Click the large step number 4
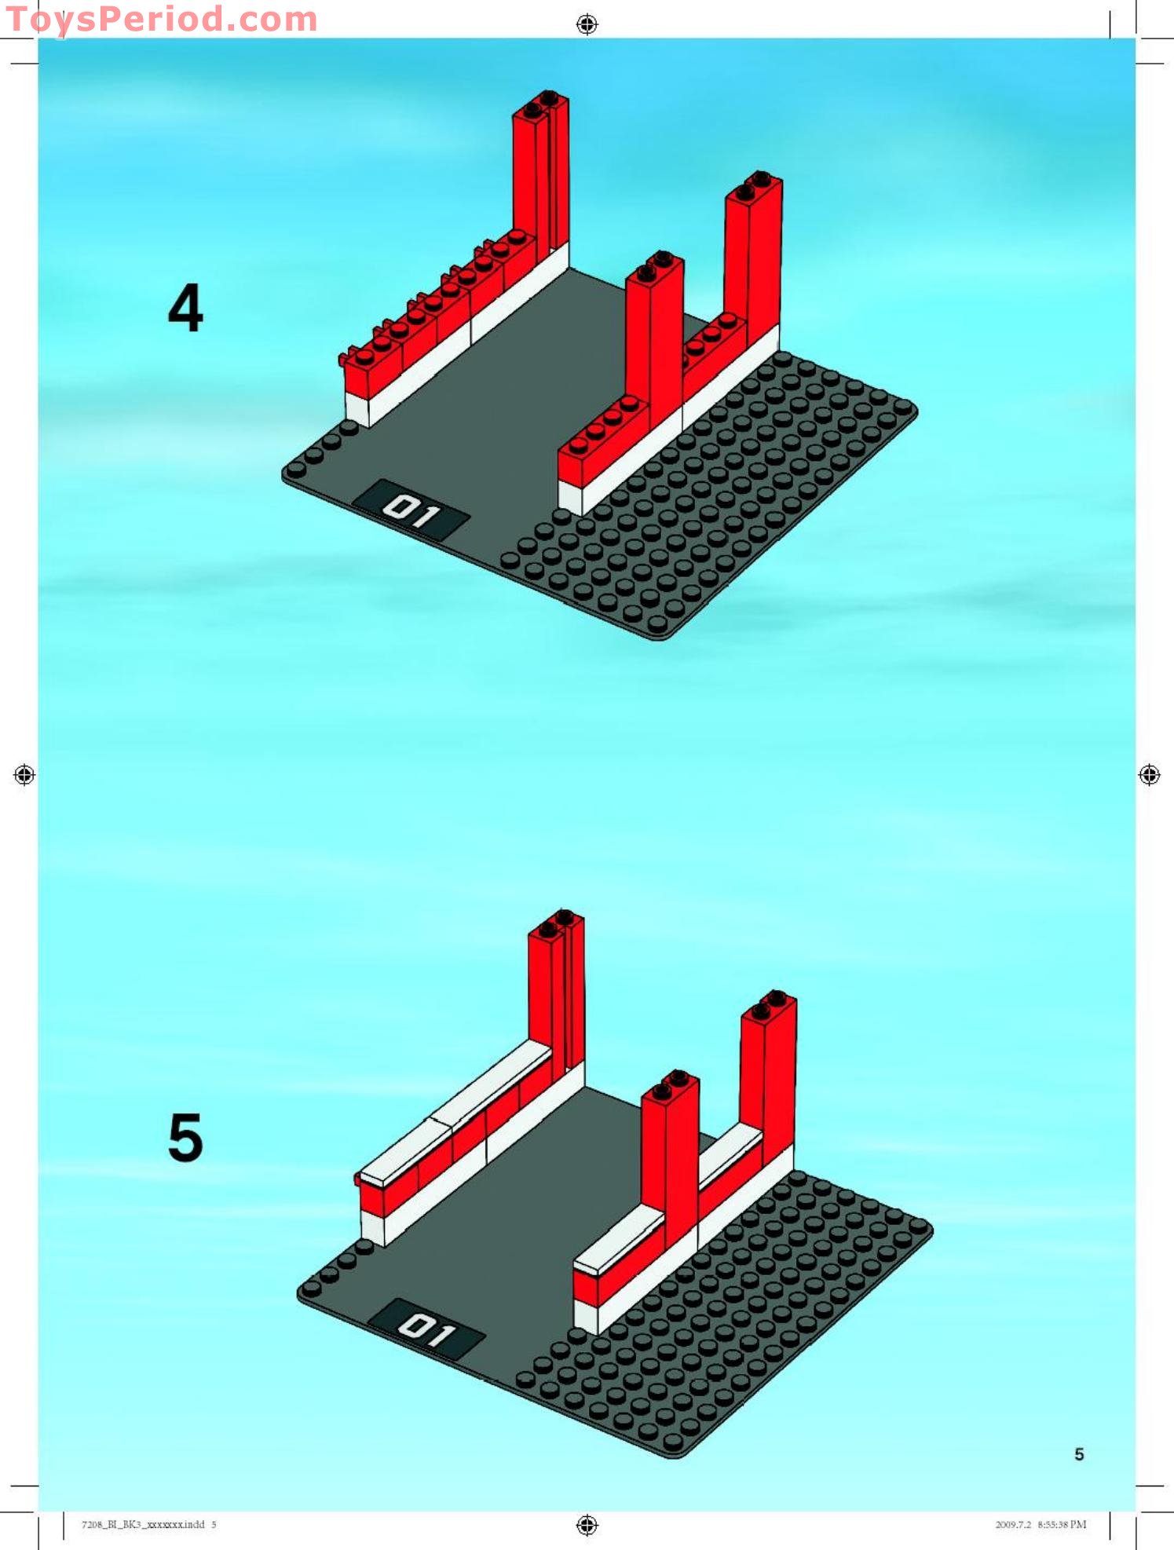tap(185, 308)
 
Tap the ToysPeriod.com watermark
tap(161, 20)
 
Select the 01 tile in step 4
tap(411, 510)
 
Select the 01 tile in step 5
tap(426, 1329)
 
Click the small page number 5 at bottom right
tap(1079, 1454)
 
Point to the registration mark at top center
tap(587, 24)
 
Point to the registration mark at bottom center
tap(587, 1525)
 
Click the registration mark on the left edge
tap(24, 775)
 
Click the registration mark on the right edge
tap(1149, 775)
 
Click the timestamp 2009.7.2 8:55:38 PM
tap(1041, 1524)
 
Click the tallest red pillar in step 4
tap(541, 173)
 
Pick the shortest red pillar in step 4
tap(655, 338)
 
